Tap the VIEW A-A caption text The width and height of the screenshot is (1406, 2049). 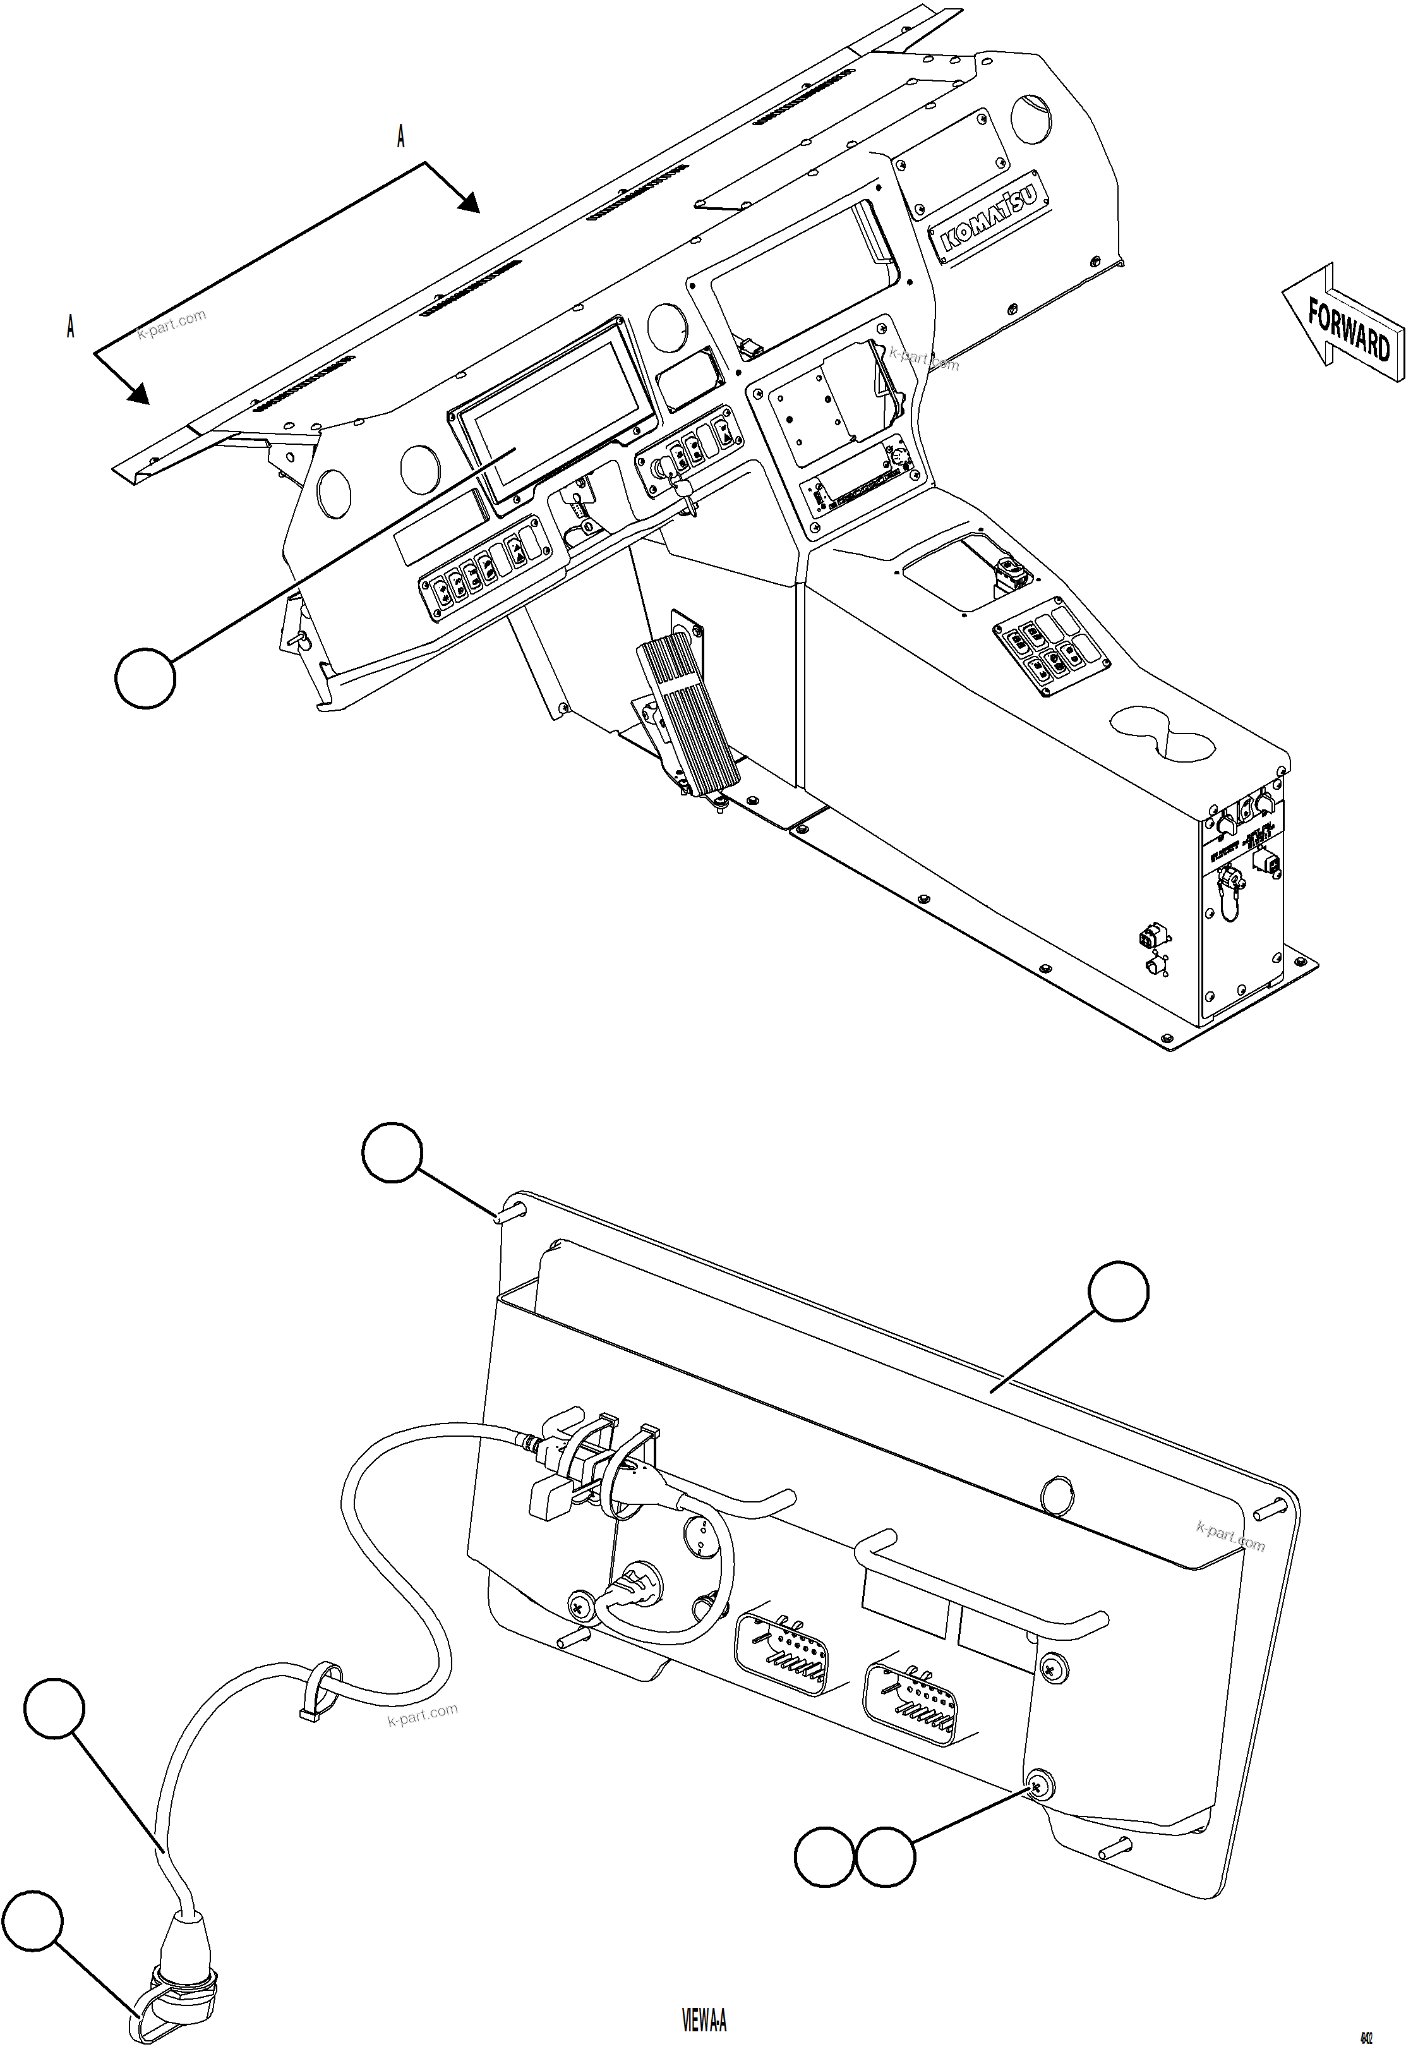[x=704, y=2020]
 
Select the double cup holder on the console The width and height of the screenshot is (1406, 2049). [x=1162, y=729]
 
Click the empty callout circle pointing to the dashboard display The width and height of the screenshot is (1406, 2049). [x=145, y=677]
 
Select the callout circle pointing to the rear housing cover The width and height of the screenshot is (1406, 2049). [x=1118, y=1291]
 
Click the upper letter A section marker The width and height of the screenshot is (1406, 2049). [x=401, y=136]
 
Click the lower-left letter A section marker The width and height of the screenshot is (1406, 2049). [x=71, y=327]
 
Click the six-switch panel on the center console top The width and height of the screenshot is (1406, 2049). [x=1050, y=650]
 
